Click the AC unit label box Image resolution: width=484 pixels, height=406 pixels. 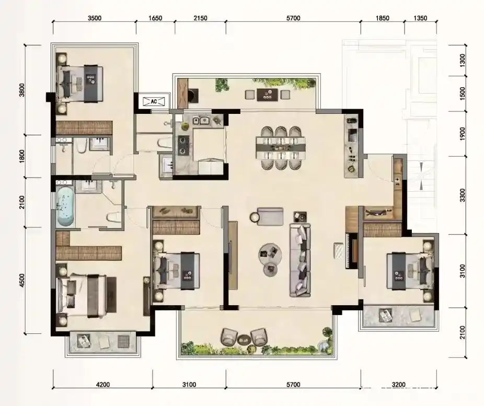(154, 101)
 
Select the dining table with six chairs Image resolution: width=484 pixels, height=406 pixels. (281, 148)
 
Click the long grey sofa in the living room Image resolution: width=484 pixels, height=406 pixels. (299, 260)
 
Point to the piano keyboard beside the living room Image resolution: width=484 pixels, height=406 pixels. (349, 251)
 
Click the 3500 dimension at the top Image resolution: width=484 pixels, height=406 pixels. (95, 18)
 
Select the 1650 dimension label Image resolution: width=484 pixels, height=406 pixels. (155, 18)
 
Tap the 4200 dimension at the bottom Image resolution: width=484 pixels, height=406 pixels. (103, 385)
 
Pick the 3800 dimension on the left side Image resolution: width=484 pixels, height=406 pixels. (22, 90)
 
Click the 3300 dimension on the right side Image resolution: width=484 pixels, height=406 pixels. (462, 195)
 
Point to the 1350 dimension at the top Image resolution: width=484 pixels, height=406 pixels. (420, 18)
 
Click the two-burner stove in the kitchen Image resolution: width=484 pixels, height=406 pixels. (182, 145)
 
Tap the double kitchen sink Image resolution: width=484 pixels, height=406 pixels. (201, 120)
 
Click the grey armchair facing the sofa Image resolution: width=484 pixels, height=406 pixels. (270, 216)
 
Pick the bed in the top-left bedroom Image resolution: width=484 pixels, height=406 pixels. (80, 84)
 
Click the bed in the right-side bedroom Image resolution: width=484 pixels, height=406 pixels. (410, 271)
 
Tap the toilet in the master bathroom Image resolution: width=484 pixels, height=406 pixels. (114, 217)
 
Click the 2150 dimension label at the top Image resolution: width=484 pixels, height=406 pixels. (200, 18)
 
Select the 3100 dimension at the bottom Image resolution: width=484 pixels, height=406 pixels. (189, 385)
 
